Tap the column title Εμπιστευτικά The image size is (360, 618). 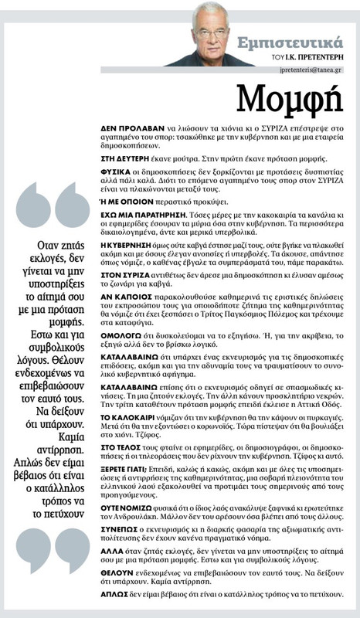click(297, 41)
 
